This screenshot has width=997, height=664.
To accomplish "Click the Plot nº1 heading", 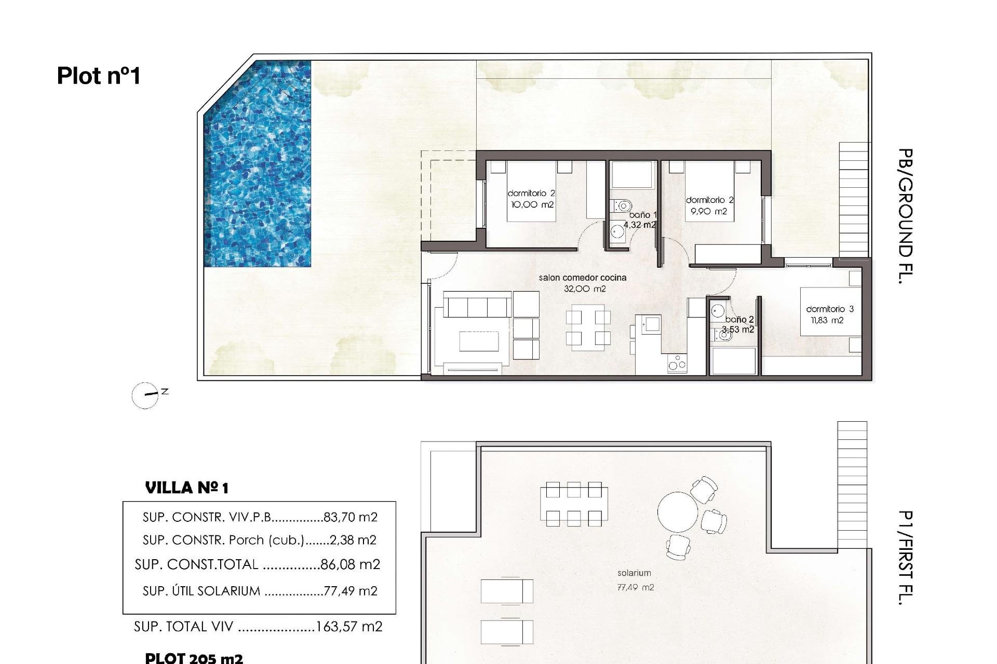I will click(x=99, y=76).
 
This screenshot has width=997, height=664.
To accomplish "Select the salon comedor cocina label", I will click(x=583, y=278).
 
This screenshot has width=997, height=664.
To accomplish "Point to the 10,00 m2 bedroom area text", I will click(x=532, y=204).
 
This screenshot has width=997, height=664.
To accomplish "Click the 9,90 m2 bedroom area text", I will click(x=708, y=211).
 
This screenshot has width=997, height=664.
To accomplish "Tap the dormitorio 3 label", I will click(x=829, y=309).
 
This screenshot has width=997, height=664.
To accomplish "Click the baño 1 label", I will click(x=643, y=214).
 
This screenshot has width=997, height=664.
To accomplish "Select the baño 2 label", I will click(x=739, y=320).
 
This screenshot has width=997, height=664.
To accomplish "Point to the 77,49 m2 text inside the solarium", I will click(x=636, y=587).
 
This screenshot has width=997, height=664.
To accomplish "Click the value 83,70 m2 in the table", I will click(x=350, y=517).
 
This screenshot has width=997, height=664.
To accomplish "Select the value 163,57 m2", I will click(x=349, y=627).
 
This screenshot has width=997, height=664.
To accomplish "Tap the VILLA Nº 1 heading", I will click(x=186, y=488).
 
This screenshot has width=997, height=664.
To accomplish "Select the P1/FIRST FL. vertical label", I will click(x=905, y=558).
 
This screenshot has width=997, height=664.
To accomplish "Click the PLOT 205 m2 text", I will click(x=194, y=658).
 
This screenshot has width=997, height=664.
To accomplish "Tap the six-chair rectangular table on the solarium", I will click(x=574, y=504).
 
